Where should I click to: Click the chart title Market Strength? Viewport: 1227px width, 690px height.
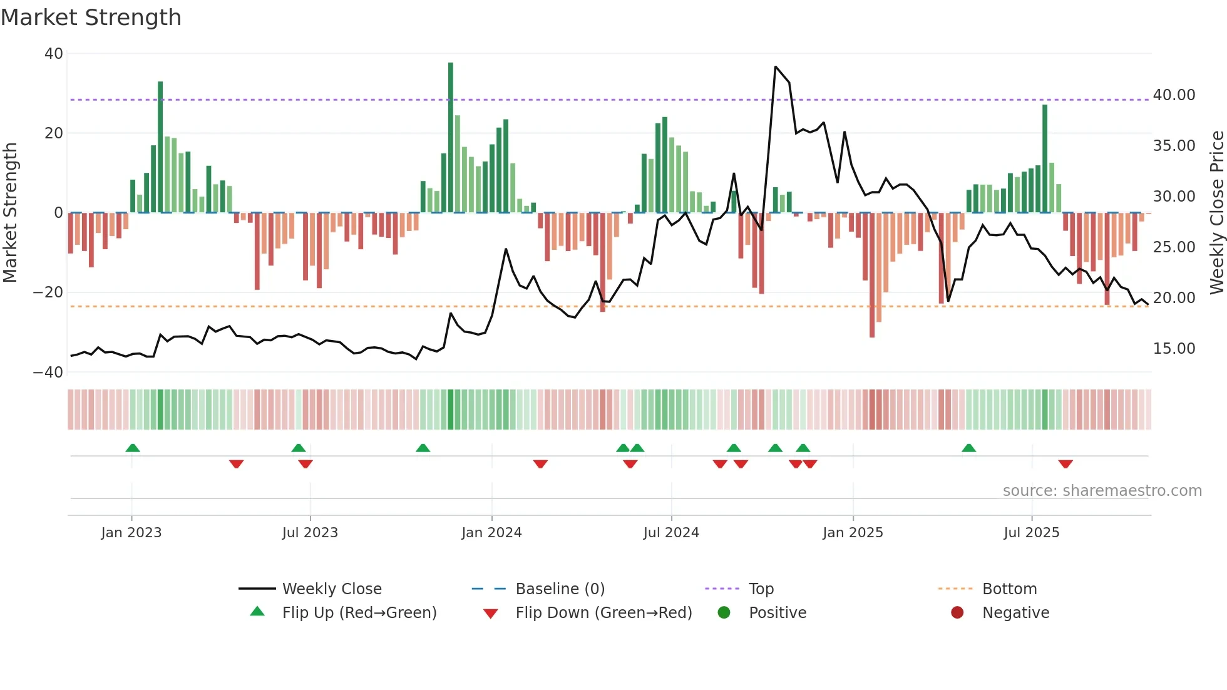coord(91,18)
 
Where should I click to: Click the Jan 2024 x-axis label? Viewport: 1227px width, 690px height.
coord(491,532)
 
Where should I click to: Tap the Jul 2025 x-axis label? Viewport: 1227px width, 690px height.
coord(1031,532)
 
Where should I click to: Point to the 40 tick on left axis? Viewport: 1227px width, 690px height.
coord(54,54)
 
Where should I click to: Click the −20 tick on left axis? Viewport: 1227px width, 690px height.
coord(48,292)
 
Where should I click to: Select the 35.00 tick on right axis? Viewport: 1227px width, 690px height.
coord(1174,146)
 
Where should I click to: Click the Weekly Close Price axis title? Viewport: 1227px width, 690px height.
coord(1216,213)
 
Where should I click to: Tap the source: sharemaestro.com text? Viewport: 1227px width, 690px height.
coord(1102,490)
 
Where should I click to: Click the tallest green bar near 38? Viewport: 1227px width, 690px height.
coord(451,138)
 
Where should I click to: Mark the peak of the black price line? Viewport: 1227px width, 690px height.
coord(776,66)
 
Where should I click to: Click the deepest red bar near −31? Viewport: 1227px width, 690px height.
coord(872,275)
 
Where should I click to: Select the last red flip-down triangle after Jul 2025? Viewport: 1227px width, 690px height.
coord(1065,464)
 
